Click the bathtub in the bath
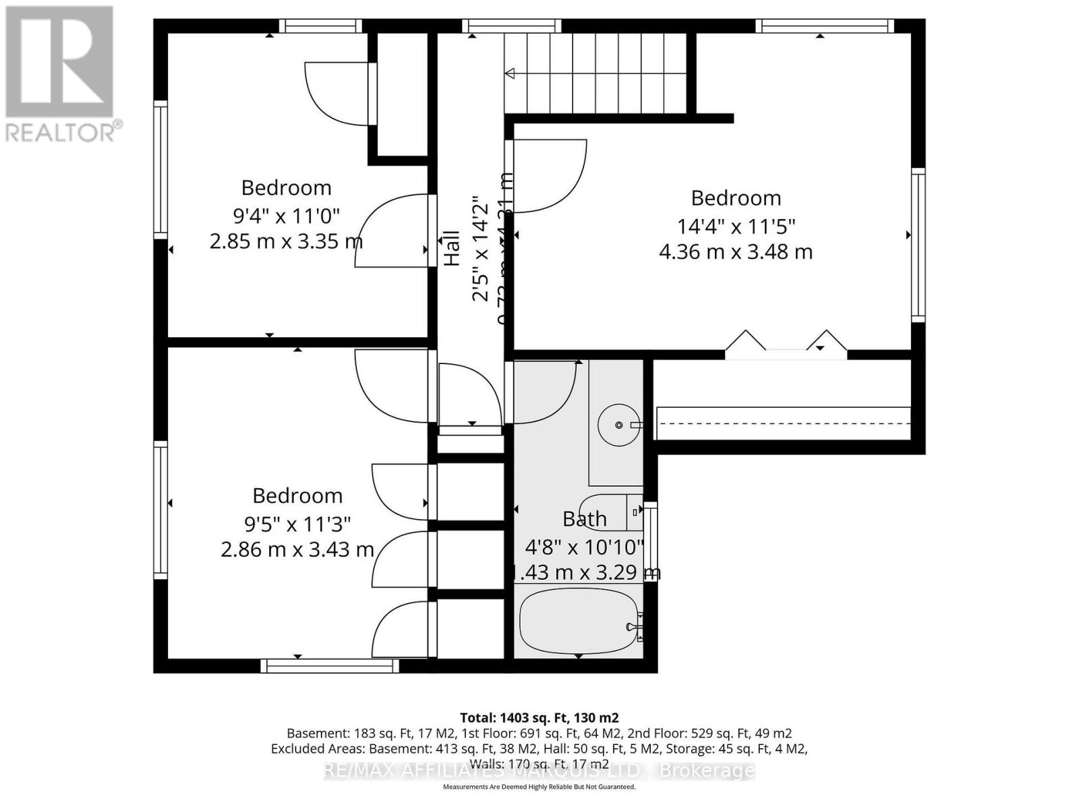click(579, 619)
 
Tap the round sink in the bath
click(619, 425)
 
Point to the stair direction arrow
click(511, 73)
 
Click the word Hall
click(451, 248)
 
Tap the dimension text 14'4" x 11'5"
click(736, 225)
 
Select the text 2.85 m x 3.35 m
click(286, 241)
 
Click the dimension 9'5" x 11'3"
click(297, 523)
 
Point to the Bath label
click(585, 518)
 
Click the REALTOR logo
click(61, 74)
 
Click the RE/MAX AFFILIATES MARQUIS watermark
click(539, 771)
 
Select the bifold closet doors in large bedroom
click(786, 344)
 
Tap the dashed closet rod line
click(782, 423)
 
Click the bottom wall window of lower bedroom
click(330, 666)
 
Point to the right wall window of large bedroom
click(918, 244)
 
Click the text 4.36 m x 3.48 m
click(736, 251)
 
